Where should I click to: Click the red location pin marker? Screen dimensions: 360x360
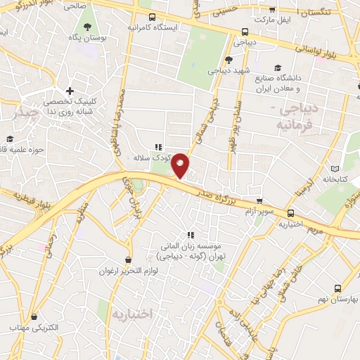(x=181, y=166)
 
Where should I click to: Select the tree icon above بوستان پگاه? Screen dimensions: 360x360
(x=87, y=27)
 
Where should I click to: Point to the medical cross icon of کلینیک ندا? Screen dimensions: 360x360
(x=69, y=91)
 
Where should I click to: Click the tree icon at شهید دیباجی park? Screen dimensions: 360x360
(x=229, y=60)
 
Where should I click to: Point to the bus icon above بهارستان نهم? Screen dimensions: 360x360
(x=337, y=288)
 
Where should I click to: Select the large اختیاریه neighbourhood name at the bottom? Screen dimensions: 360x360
(x=131, y=314)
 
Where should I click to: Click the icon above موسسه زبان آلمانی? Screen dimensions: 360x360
(x=190, y=236)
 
